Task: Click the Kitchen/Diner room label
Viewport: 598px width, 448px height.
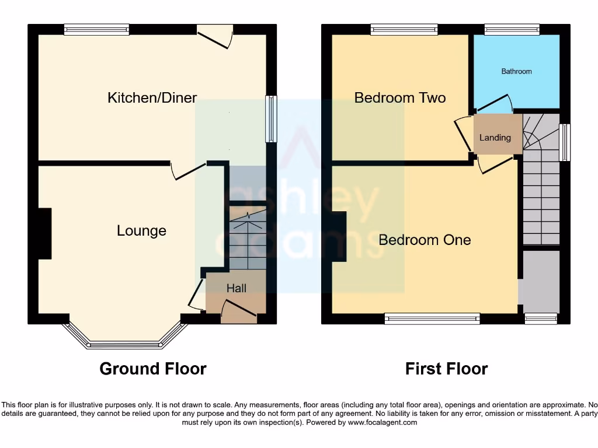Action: point(152,97)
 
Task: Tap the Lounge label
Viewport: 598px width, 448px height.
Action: point(141,230)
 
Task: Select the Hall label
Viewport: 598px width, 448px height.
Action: point(237,288)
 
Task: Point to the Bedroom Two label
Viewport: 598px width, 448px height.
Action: point(400,97)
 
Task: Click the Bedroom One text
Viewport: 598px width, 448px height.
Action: point(425,240)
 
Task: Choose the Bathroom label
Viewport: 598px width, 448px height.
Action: point(516,71)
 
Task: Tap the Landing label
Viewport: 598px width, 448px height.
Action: point(495,138)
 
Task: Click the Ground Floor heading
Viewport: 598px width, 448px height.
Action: point(153,369)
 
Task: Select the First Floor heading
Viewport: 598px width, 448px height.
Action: point(447,369)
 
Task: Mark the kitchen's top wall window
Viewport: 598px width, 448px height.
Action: point(96,29)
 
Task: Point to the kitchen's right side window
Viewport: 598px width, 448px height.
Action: point(272,119)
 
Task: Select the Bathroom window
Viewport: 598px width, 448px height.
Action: point(512,29)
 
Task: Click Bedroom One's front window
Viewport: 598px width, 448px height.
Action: point(432,318)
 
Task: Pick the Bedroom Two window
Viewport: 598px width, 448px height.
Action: point(404,29)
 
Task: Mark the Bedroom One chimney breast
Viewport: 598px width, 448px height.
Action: point(339,236)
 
